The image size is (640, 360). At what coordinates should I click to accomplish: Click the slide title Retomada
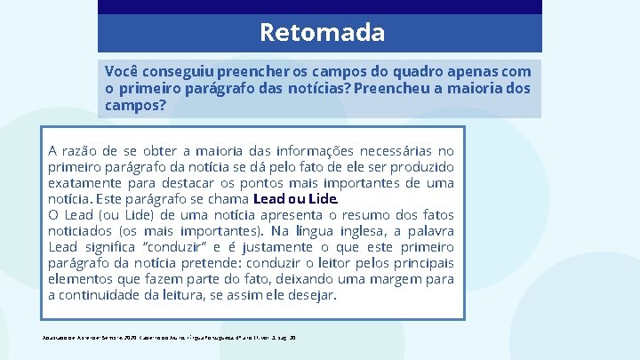pyautogui.click(x=322, y=33)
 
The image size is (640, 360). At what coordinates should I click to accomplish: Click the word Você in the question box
pyautogui.click(x=121, y=70)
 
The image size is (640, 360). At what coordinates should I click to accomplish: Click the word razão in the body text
pyautogui.click(x=84, y=151)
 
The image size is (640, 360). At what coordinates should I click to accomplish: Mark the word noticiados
pyautogui.click(x=84, y=231)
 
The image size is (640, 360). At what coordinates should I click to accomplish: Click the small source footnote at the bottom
pyautogui.click(x=168, y=338)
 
